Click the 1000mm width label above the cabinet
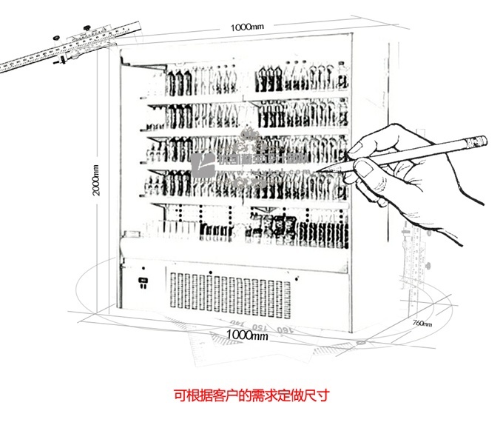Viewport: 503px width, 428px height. click(246, 27)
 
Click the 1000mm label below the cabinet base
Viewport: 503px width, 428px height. click(246, 335)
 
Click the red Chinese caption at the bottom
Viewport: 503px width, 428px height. click(251, 394)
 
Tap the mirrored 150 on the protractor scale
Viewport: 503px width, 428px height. click(259, 327)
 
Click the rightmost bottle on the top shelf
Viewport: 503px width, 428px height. click(342, 76)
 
